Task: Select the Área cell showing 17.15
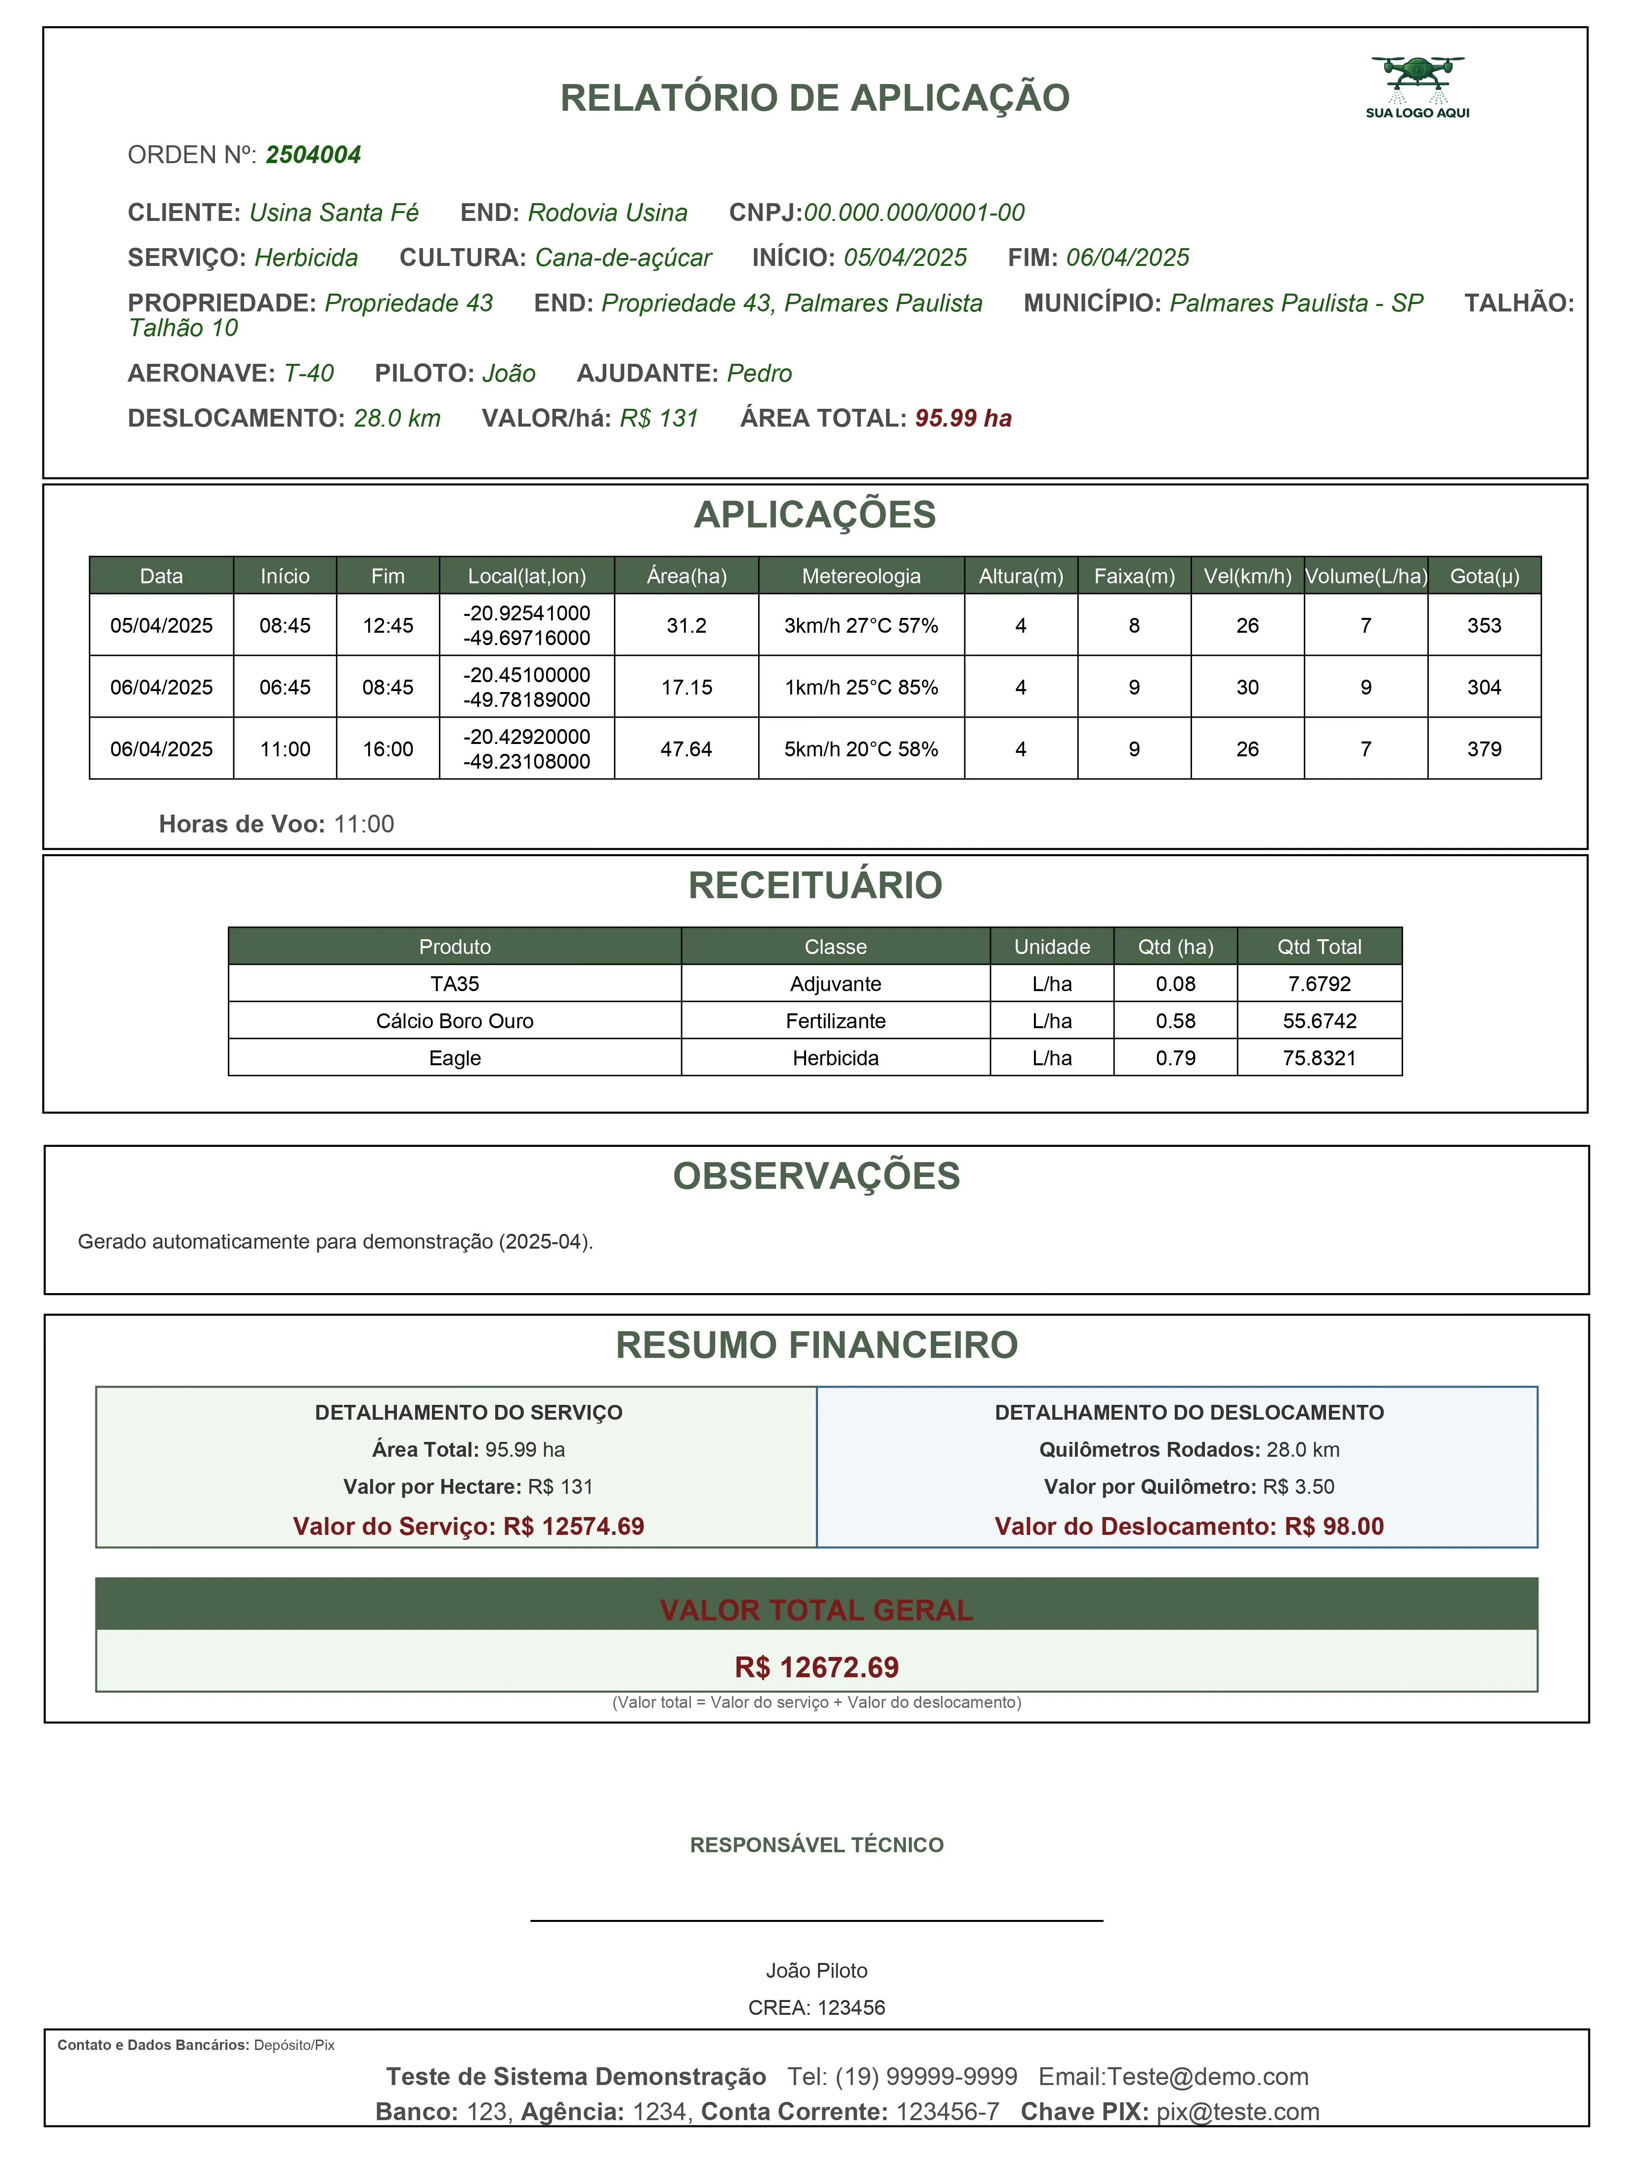686,687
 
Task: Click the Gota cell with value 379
1484,749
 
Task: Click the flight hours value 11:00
364,824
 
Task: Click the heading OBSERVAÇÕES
816,1176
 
